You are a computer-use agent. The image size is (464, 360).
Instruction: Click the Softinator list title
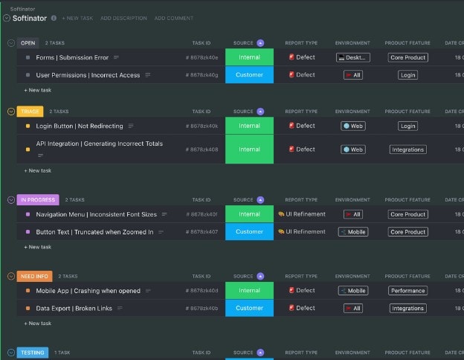tap(30, 17)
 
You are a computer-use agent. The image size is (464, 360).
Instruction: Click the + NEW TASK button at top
tap(77, 18)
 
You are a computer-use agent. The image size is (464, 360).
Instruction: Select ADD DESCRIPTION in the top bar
tap(123, 18)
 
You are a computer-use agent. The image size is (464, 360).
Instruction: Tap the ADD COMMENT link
tap(174, 18)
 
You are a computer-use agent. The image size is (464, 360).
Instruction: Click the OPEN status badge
tap(28, 43)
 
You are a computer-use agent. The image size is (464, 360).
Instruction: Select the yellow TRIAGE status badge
tap(30, 112)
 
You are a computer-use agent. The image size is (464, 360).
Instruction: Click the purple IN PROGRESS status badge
tap(36, 200)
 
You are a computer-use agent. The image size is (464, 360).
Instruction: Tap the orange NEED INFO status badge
tap(34, 276)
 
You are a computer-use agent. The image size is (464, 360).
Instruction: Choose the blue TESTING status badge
tap(32, 353)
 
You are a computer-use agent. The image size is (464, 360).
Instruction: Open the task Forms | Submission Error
tap(71, 57)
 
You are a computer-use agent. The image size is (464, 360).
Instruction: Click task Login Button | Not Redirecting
tap(79, 126)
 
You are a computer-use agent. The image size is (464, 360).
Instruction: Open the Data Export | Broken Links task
tap(74, 308)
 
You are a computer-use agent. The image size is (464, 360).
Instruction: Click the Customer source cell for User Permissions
tap(249, 75)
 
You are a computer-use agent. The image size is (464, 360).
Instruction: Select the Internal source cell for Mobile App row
tap(249, 291)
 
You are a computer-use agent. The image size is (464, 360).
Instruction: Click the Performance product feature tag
tap(407, 291)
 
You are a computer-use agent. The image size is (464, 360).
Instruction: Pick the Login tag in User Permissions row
tap(407, 75)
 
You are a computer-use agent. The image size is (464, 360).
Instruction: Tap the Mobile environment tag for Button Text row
tap(353, 232)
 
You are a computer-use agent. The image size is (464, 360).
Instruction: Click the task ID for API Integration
tap(202, 150)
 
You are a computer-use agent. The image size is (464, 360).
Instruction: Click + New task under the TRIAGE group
tap(39, 170)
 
